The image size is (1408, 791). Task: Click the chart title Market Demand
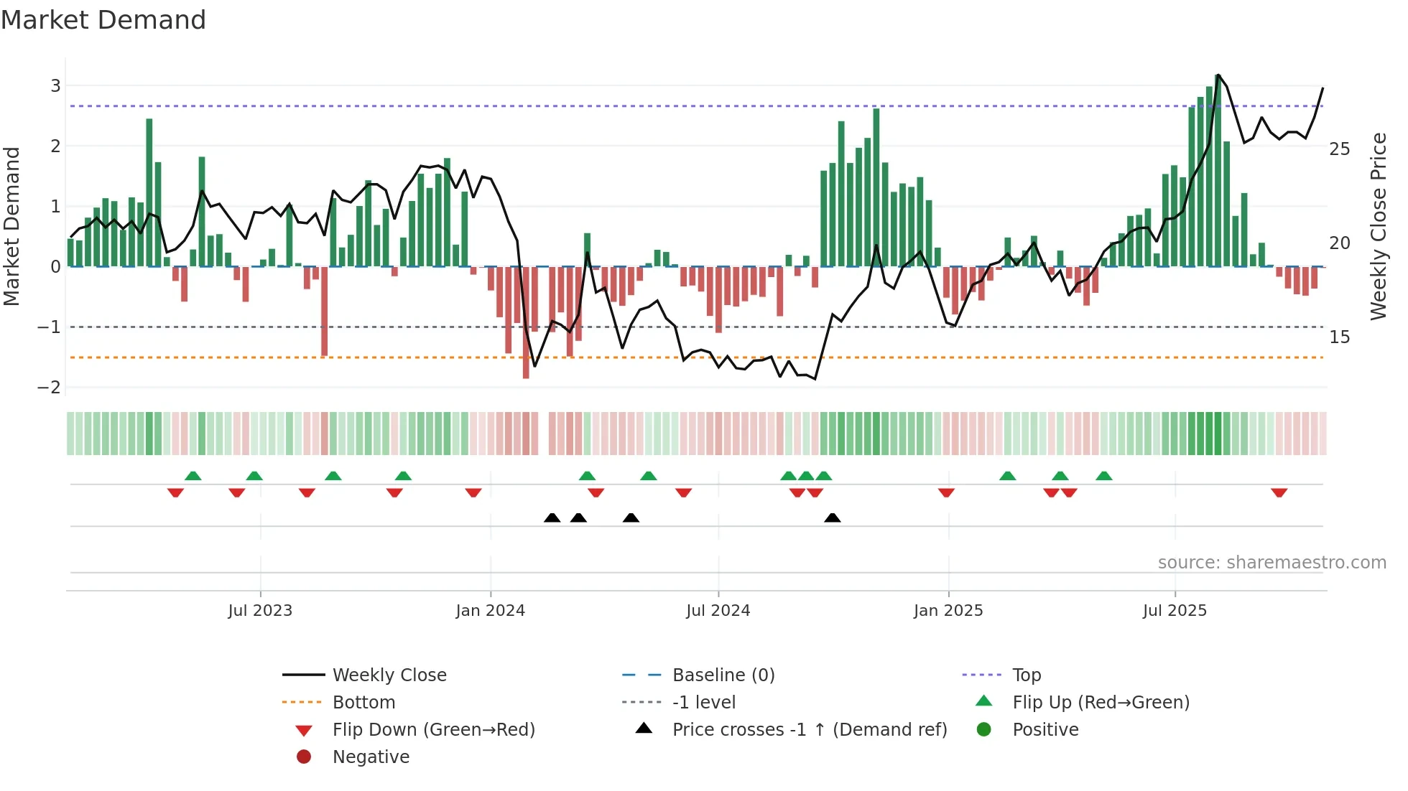tap(103, 20)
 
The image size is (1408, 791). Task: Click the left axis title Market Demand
tap(12, 226)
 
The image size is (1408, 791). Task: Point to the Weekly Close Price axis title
tap(1378, 226)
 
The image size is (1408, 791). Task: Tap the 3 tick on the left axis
tap(55, 86)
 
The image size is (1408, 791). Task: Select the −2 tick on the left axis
tap(50, 388)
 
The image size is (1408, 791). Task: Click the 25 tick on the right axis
tap(1339, 149)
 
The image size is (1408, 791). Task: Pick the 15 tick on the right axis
tap(1339, 337)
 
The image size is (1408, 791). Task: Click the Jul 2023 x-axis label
tap(260, 611)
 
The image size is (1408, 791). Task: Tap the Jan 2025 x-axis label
tap(948, 611)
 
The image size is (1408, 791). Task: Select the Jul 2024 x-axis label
tap(718, 611)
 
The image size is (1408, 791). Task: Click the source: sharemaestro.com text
tap(1272, 563)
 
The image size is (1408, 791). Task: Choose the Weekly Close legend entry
tap(389, 675)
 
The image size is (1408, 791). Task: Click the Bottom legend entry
tap(363, 703)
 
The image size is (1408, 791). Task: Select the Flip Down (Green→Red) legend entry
tap(433, 730)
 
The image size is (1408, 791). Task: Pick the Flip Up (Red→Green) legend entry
tap(1101, 703)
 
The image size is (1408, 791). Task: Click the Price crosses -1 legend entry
tap(809, 730)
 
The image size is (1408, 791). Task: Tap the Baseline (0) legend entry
tap(723, 675)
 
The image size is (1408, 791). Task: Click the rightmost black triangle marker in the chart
tap(832, 518)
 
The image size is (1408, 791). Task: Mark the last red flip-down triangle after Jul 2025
tap(1279, 492)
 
